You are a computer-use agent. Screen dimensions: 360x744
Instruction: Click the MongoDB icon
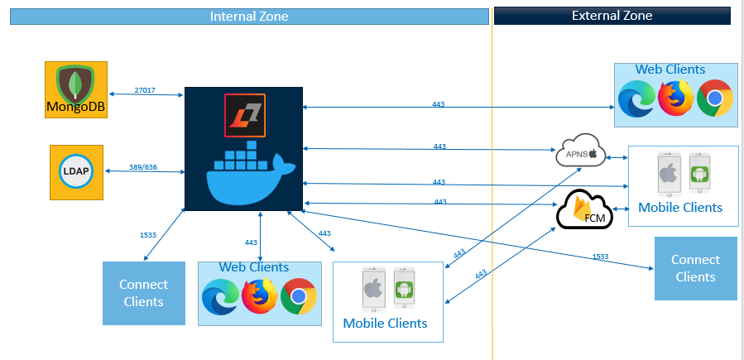click(76, 89)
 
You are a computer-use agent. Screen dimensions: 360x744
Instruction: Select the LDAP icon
click(76, 171)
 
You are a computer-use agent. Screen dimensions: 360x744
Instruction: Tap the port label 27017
click(145, 89)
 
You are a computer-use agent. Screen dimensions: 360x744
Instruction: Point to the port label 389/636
click(144, 166)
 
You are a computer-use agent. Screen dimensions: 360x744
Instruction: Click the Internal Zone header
click(249, 16)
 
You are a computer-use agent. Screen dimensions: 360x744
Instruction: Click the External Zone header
click(612, 16)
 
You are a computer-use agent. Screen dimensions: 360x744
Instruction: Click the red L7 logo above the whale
click(244, 113)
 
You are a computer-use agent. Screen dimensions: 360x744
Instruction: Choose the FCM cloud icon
click(583, 211)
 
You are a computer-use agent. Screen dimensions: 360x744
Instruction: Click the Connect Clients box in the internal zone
click(143, 293)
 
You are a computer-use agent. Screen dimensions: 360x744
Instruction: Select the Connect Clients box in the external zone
click(695, 268)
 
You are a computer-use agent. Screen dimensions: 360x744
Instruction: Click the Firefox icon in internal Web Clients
click(259, 296)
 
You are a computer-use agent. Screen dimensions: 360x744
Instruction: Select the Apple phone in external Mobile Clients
click(668, 174)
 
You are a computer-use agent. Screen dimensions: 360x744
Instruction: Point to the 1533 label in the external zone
click(600, 257)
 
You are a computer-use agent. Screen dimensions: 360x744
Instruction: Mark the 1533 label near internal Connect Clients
click(148, 235)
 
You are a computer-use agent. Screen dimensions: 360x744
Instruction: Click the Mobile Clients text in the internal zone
click(385, 323)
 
